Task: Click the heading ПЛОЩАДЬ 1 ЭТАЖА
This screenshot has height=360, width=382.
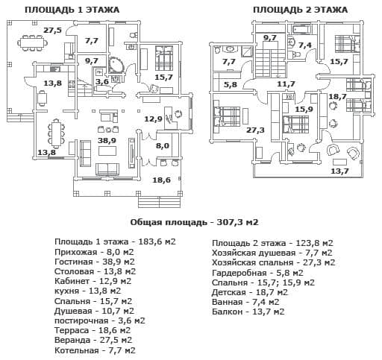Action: (72, 10)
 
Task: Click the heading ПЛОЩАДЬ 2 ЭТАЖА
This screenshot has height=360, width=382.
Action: (300, 10)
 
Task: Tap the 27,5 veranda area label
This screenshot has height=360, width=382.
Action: (52, 31)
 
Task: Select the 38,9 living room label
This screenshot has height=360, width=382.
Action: (107, 141)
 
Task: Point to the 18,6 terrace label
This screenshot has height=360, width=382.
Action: (162, 180)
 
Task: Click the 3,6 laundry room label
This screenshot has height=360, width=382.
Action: (102, 81)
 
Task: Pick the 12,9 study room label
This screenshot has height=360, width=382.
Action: (154, 119)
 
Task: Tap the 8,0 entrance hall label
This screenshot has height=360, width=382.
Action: (163, 145)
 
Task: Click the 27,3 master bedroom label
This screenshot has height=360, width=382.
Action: (255, 130)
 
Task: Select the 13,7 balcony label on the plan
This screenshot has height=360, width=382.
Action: (339, 171)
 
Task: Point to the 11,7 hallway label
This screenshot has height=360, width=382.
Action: (286, 84)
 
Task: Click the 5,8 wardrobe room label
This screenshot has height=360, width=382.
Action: (231, 84)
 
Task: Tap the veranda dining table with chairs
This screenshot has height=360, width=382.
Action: (32, 43)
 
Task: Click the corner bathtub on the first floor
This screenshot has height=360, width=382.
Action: (115, 65)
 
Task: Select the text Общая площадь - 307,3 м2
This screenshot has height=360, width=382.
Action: (195, 222)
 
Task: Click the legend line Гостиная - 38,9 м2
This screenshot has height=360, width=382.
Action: (95, 262)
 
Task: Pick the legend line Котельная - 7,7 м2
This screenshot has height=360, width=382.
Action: (95, 350)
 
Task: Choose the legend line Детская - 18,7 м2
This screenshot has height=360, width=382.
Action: (250, 292)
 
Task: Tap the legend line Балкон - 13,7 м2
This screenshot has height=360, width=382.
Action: (248, 312)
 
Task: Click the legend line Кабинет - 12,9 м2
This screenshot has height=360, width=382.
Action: (93, 281)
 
